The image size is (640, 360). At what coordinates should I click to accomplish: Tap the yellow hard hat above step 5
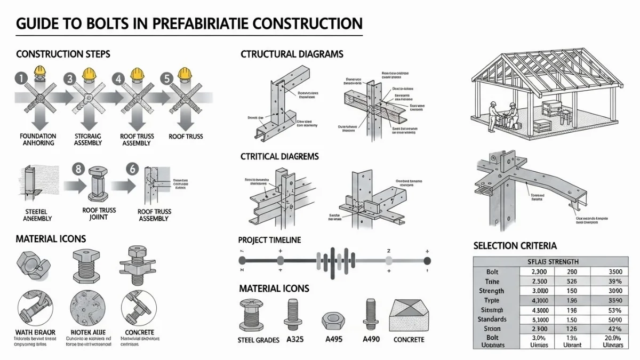[x=185, y=71]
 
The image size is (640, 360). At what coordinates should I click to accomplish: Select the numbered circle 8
[x=79, y=170]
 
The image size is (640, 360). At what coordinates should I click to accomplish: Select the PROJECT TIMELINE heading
[x=269, y=241]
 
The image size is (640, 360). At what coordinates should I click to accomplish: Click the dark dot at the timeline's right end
[x=427, y=260]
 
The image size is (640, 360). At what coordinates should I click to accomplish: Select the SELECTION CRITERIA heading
[x=515, y=246]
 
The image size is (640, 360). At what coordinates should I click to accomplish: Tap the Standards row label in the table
[x=492, y=319]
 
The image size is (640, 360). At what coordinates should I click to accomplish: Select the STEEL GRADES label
[x=258, y=340]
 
